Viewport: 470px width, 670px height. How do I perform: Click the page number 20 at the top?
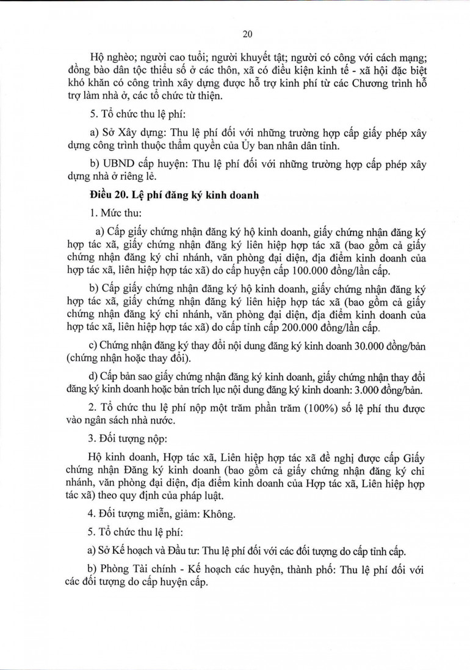click(x=247, y=34)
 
